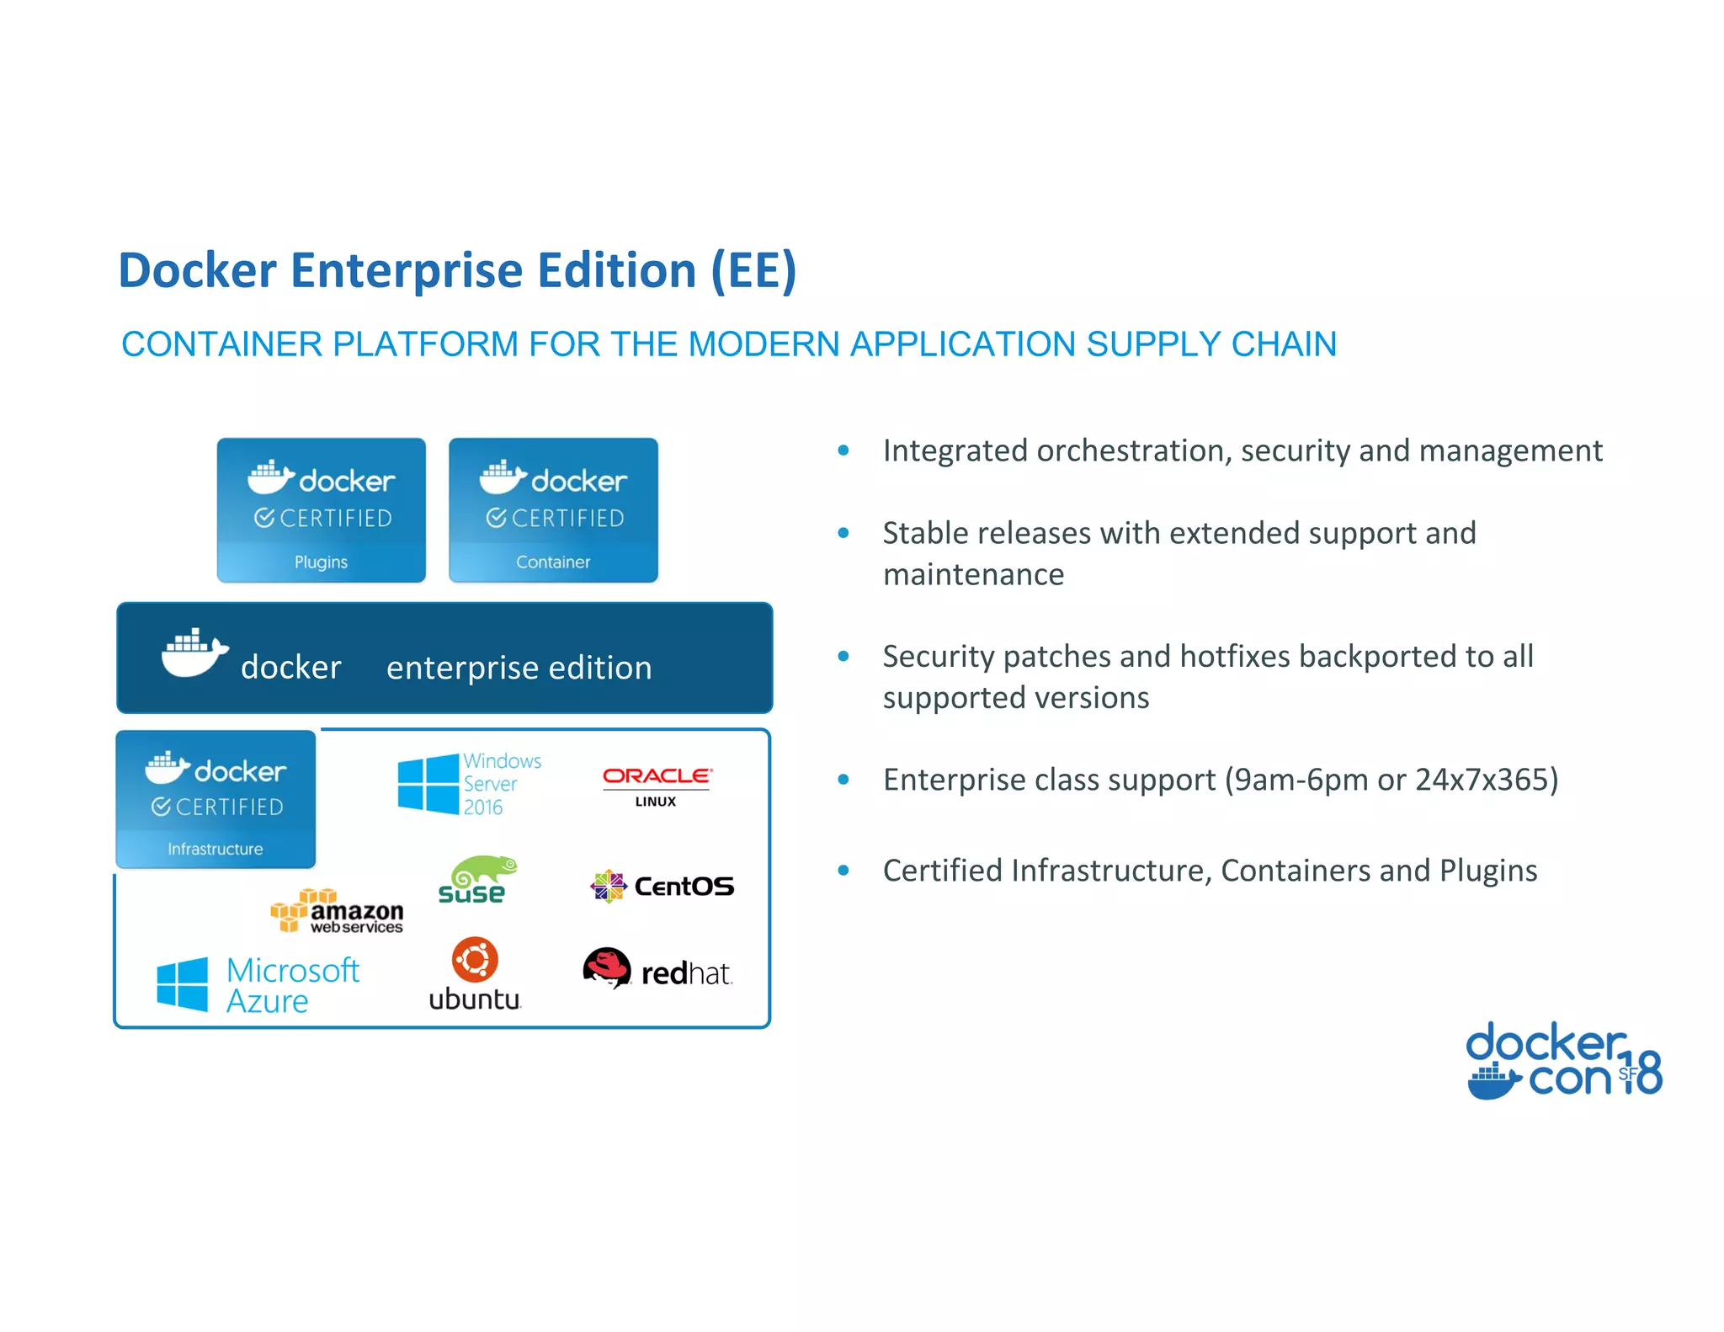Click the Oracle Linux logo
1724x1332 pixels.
click(x=657, y=785)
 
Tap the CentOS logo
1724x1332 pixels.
click(x=662, y=886)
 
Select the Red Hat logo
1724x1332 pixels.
click(x=657, y=969)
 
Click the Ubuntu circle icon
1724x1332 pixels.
click(x=475, y=959)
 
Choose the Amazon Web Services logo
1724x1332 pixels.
click(x=337, y=911)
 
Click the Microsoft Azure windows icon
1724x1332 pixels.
click(x=182, y=983)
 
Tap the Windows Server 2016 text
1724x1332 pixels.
click(x=502, y=784)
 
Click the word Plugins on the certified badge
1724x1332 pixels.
click(x=321, y=562)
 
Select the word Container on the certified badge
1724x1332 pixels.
click(x=553, y=562)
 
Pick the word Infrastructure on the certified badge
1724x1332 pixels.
click(x=215, y=849)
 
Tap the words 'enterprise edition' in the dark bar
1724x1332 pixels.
click(x=519, y=668)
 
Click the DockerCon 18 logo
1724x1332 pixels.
click(x=1563, y=1061)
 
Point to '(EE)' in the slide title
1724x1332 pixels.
click(x=753, y=271)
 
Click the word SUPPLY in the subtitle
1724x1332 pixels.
click(x=1152, y=344)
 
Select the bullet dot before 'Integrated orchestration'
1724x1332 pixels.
click(x=843, y=451)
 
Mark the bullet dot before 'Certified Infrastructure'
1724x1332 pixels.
click(x=843, y=871)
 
